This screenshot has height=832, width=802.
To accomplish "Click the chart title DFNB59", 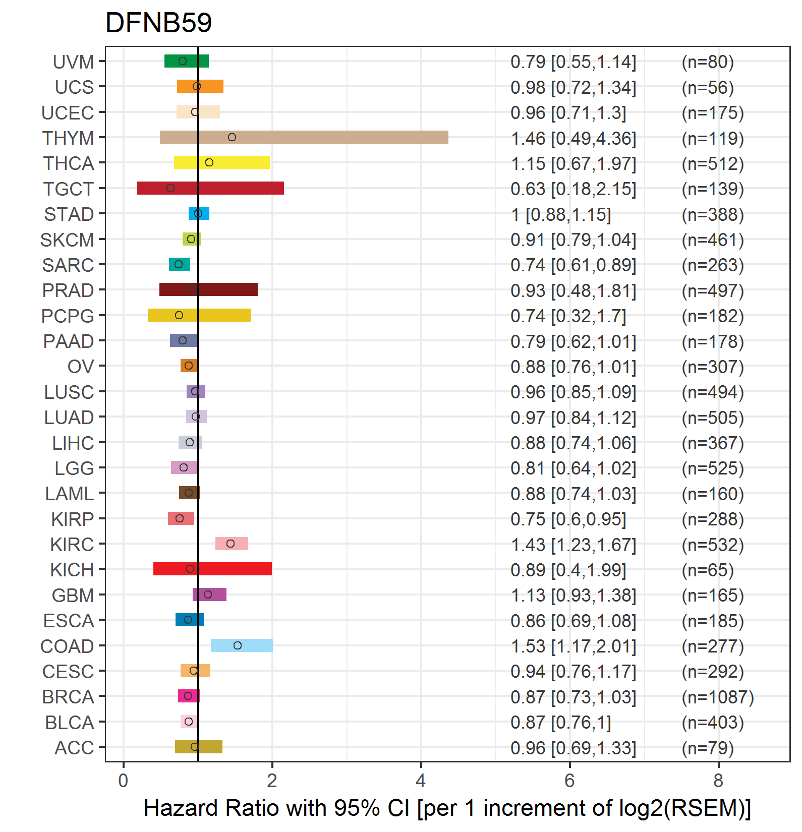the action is click(158, 23).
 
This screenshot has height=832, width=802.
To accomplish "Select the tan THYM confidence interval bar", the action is click(304, 137).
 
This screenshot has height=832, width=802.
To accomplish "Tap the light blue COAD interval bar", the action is click(242, 645).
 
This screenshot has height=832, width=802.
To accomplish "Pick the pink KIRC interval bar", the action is click(232, 544).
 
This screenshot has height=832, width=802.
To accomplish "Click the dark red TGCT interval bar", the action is click(210, 188).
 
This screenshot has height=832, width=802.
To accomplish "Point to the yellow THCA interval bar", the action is click(222, 162).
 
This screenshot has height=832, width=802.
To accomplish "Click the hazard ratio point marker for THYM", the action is click(232, 137).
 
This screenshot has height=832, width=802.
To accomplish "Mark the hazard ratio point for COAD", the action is click(238, 645).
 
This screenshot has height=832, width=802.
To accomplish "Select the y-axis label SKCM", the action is click(67, 240).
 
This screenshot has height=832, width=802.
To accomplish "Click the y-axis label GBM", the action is click(73, 596).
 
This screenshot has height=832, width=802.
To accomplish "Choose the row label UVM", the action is click(73, 62).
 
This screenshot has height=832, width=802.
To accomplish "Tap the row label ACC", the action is click(74, 748).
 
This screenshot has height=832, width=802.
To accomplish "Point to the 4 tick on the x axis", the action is click(421, 781).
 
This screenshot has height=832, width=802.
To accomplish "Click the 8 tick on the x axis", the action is click(718, 781).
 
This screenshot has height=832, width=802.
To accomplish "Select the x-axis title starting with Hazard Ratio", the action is click(447, 808).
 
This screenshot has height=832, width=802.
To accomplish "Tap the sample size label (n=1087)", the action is click(718, 697).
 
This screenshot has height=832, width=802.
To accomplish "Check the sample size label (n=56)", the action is click(708, 88).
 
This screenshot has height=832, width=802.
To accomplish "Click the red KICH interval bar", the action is click(212, 569).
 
